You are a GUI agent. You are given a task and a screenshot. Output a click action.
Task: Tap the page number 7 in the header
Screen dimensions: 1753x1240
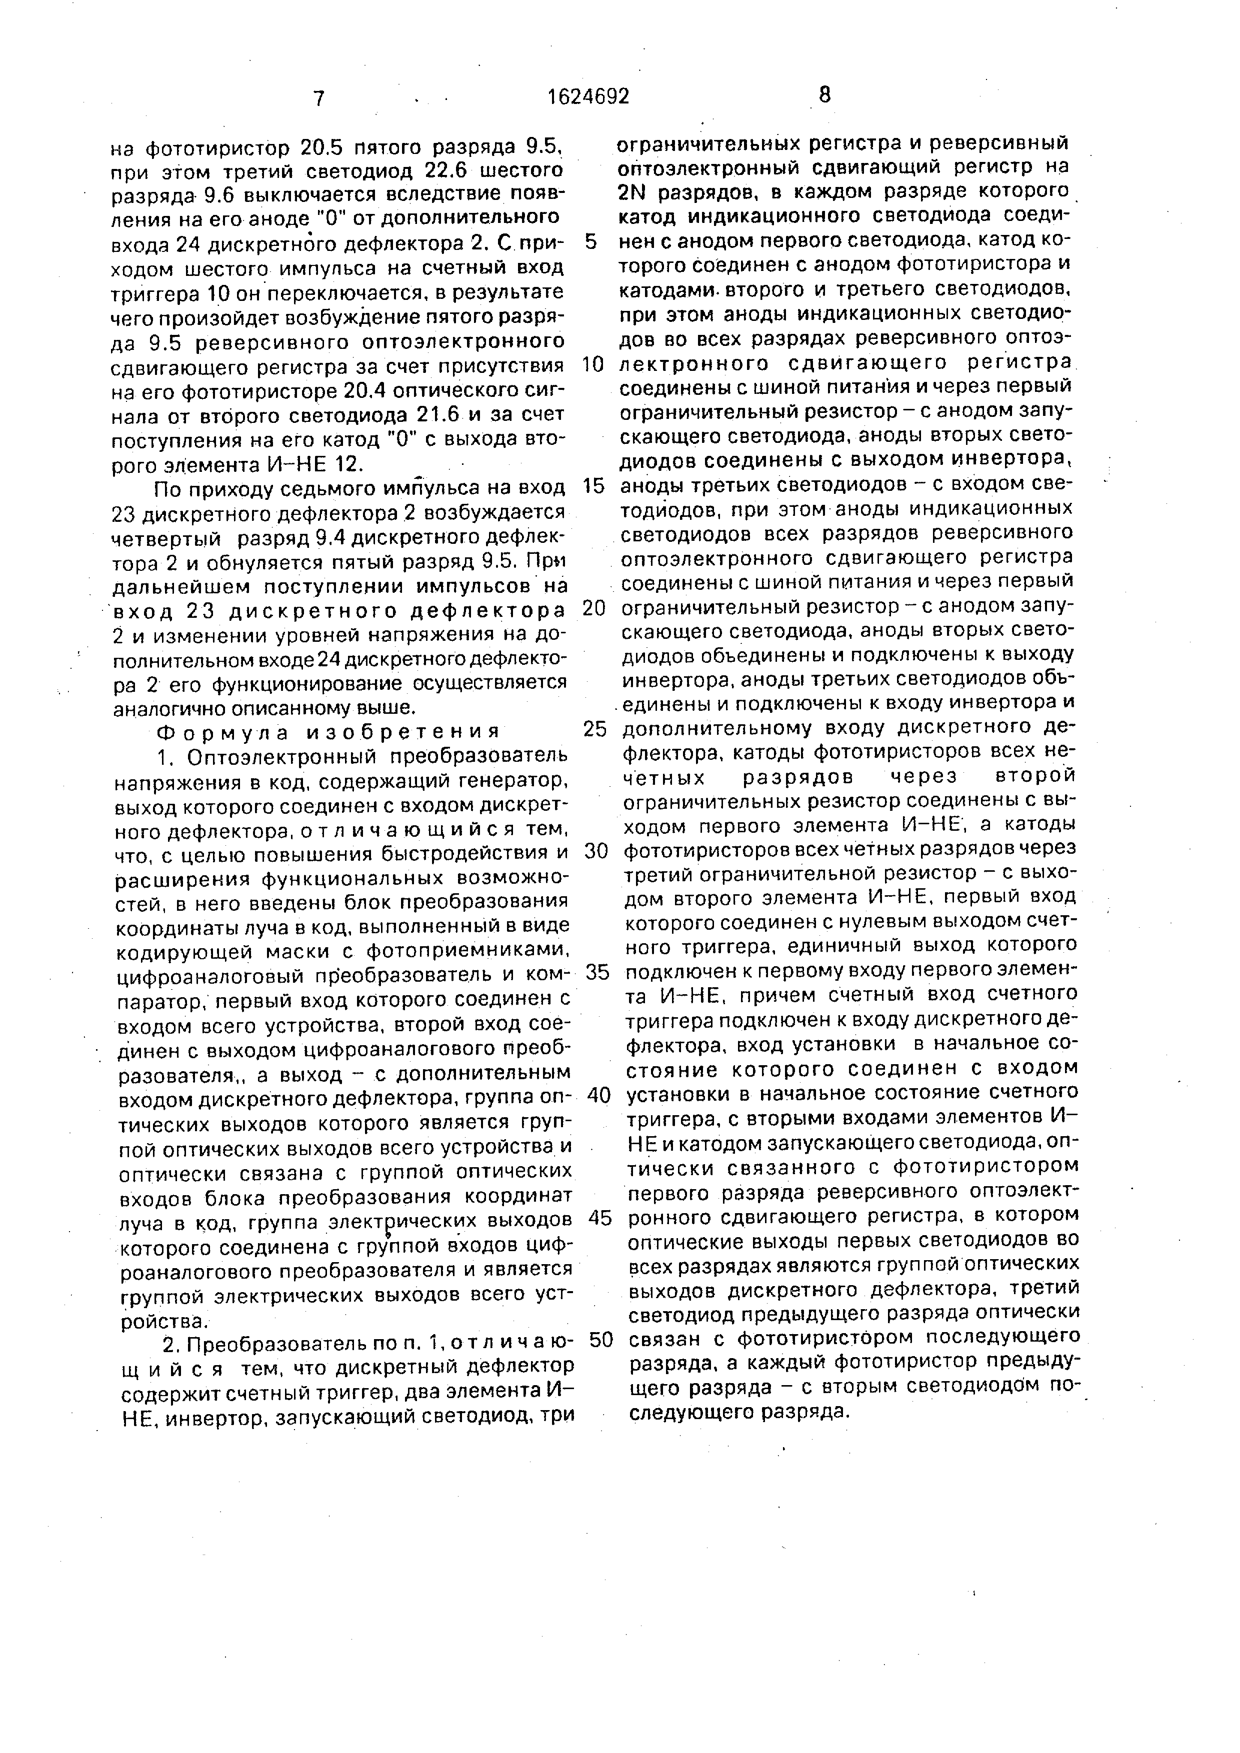click(318, 98)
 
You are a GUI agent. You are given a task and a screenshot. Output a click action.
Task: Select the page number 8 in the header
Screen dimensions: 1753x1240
click(824, 94)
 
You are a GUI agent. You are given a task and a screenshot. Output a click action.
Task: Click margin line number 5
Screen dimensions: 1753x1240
click(590, 242)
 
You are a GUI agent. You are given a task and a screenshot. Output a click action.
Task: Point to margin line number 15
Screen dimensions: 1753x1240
click(594, 486)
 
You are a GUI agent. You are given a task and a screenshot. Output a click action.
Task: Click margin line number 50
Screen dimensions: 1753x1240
click(601, 1339)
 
